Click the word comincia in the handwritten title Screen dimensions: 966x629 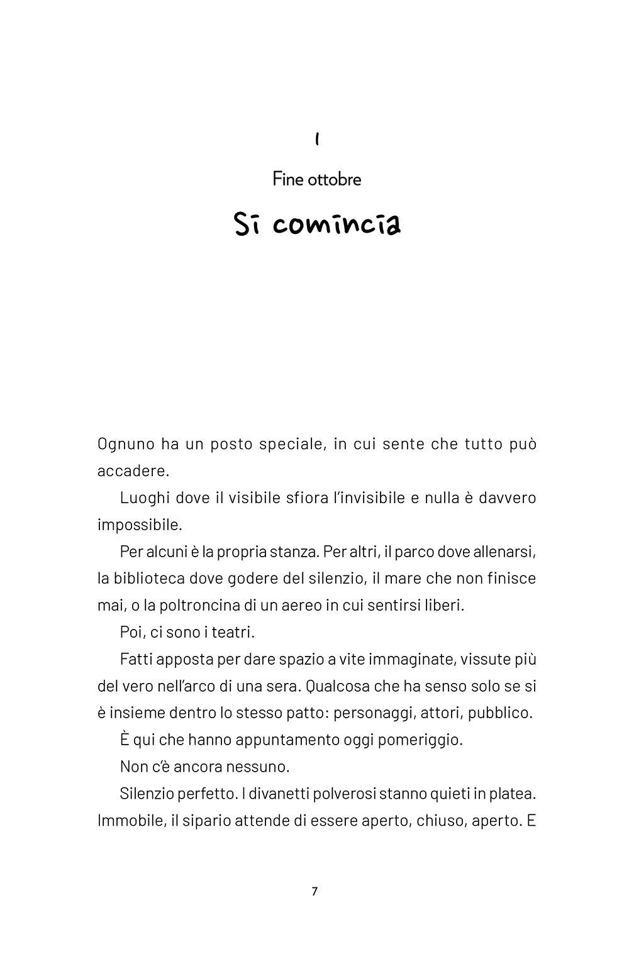coord(337,225)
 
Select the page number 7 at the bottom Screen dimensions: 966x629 coord(314,891)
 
